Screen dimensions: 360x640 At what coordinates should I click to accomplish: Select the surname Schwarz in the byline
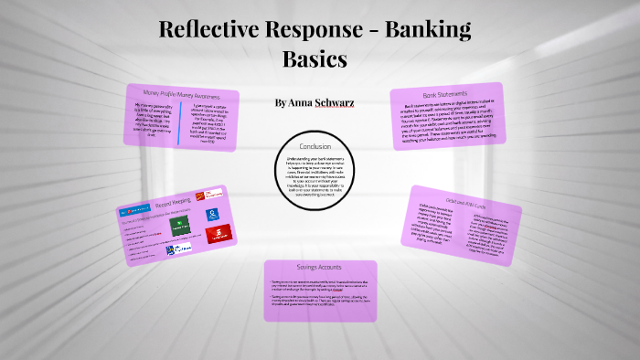click(334, 102)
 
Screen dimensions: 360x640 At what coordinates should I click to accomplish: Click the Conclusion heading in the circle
click(315, 146)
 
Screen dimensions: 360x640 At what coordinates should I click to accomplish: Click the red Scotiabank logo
click(216, 234)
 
